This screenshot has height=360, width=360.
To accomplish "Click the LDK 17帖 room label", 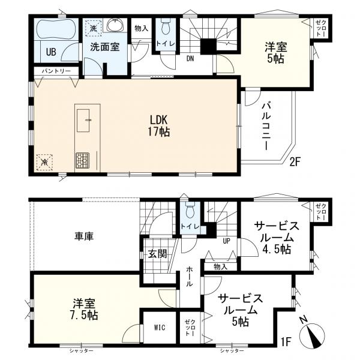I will click(160, 125).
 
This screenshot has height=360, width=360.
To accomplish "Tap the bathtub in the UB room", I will click(54, 31).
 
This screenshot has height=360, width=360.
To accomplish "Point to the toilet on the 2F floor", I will click(166, 27).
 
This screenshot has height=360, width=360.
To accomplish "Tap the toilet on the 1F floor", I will click(190, 211).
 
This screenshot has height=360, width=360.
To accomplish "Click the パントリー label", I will click(55, 71).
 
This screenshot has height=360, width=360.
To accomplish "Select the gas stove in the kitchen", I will click(82, 160).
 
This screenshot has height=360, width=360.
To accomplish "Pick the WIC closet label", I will click(160, 328).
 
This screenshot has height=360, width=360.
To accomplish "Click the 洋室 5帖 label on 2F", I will click(275, 52).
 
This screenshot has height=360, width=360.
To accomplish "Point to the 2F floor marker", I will click(295, 160).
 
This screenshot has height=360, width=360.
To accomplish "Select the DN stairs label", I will click(190, 59).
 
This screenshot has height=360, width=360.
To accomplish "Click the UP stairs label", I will click(227, 241).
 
